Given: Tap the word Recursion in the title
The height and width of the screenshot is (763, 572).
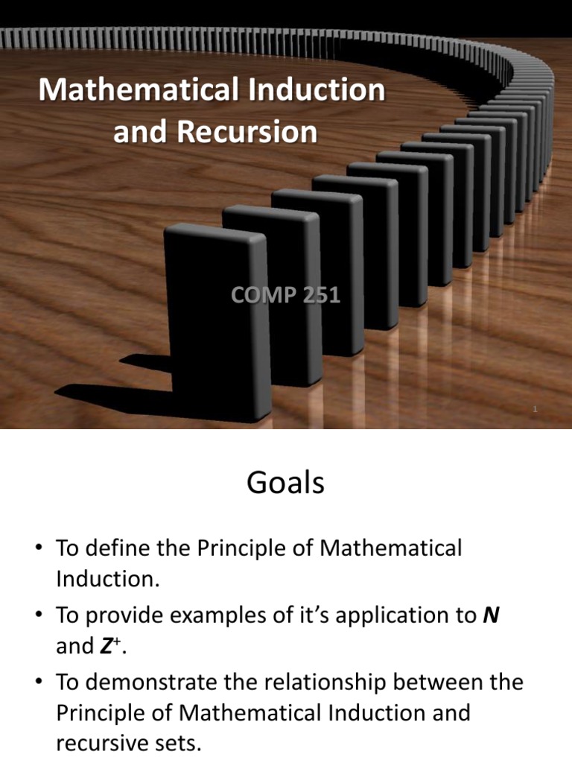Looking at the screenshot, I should coord(247,132).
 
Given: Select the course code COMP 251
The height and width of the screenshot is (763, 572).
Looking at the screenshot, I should coord(285,295).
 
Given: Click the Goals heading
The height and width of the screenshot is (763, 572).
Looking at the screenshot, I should coord(285,484).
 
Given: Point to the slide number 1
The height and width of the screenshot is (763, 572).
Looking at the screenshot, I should coord(535,409).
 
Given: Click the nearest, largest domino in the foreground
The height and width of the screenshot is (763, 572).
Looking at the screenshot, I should coord(216,313).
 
